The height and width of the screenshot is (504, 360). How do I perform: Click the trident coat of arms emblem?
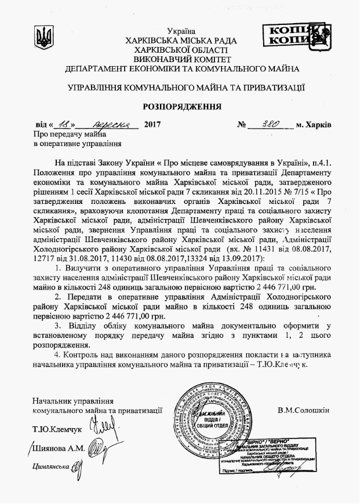(x=43, y=39)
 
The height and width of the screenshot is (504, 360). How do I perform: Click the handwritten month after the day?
(x=108, y=124)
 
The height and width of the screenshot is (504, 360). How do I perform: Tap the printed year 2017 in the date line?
(x=151, y=125)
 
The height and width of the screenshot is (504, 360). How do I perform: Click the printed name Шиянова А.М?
(x=59, y=448)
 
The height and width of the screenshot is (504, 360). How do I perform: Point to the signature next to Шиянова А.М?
(x=97, y=447)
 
